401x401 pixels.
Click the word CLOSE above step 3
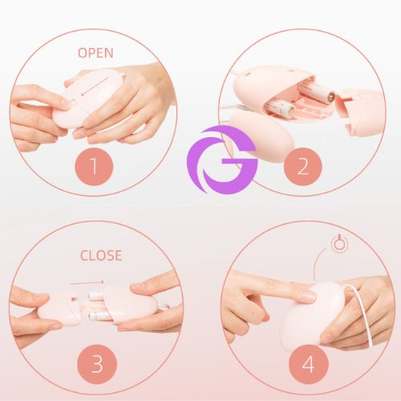pos(100,256)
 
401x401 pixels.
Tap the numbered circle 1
pos(95,167)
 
